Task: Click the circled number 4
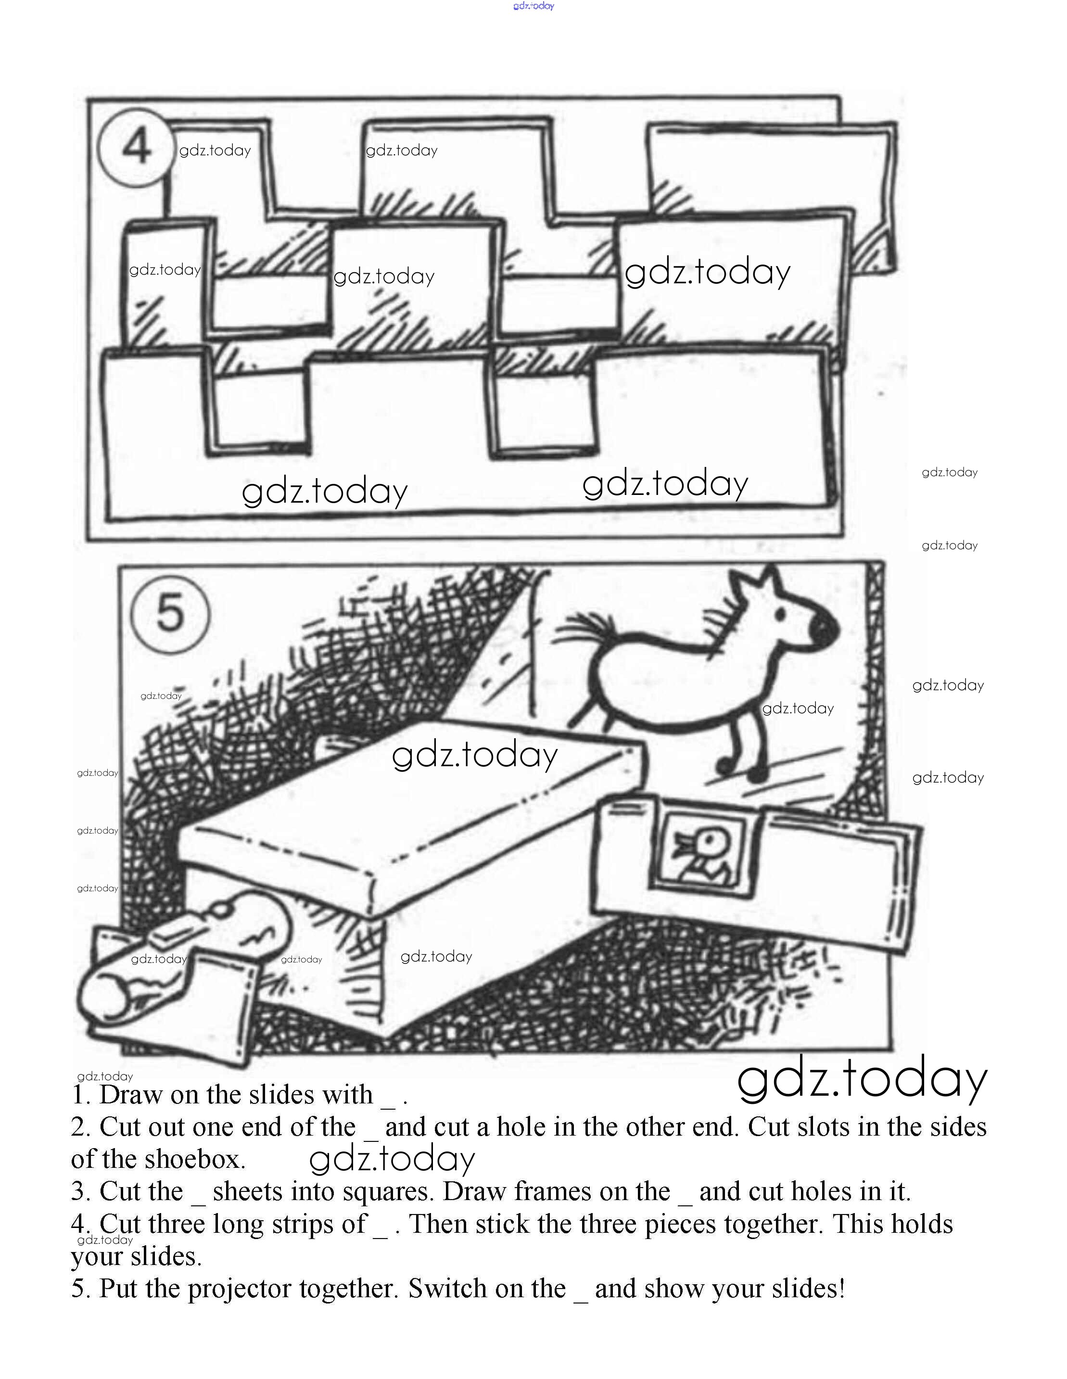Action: [136, 147]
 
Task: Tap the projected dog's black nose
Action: [825, 627]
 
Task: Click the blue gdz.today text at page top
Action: [533, 6]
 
